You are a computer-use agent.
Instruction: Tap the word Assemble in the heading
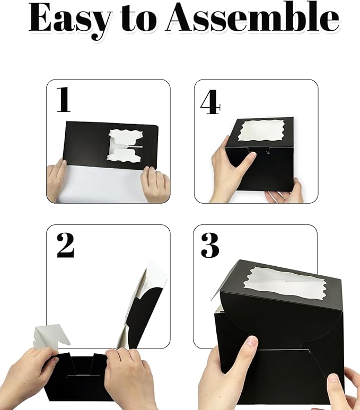point(253,18)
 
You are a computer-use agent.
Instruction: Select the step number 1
point(64,100)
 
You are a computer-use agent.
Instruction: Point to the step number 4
point(210,102)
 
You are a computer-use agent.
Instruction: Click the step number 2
point(65,246)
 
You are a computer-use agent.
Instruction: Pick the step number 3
point(210,246)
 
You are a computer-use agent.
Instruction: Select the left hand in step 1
point(57,180)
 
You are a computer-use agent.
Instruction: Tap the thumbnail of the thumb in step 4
point(251,155)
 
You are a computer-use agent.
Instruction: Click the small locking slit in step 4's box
point(267,152)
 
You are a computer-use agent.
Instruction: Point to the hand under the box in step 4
point(284,191)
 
